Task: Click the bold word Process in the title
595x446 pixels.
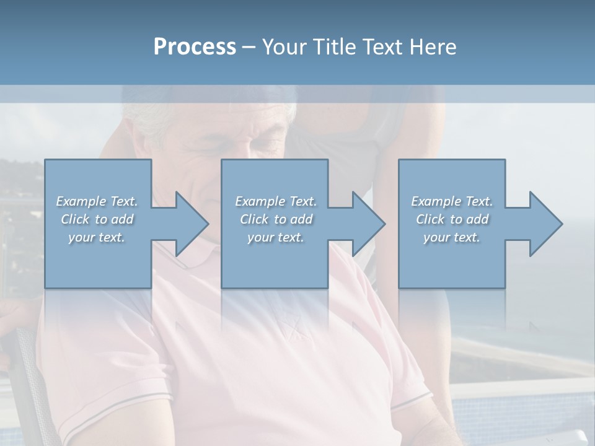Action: click(x=195, y=47)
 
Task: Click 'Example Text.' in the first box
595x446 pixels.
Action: click(x=97, y=201)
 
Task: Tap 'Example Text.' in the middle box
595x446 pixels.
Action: click(x=275, y=201)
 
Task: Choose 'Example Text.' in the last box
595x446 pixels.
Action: click(x=452, y=201)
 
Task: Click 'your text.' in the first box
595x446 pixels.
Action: click(x=97, y=237)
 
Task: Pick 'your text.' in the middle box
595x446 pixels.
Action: click(x=275, y=237)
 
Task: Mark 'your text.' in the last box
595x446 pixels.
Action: click(x=452, y=237)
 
